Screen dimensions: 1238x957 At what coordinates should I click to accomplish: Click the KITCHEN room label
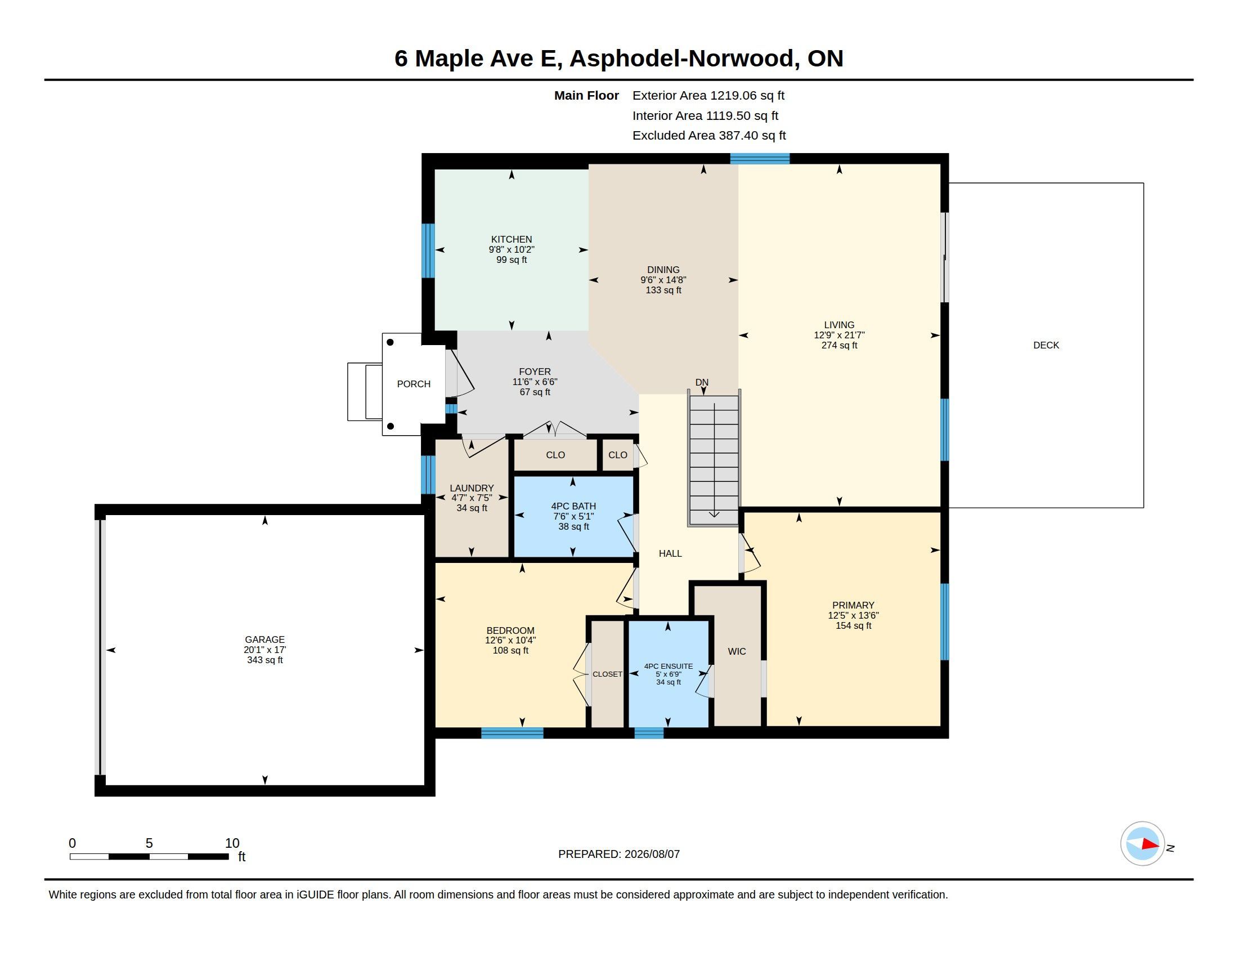512,239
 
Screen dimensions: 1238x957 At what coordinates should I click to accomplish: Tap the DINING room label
663,270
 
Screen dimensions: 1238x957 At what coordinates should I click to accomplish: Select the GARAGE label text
264,640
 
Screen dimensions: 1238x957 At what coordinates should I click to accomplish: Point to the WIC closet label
737,651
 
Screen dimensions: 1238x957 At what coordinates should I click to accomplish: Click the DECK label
1046,345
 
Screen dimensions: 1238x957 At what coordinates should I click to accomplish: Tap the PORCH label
414,384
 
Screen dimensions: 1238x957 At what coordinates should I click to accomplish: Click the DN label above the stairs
702,382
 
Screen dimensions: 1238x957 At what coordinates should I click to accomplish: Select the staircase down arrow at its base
714,513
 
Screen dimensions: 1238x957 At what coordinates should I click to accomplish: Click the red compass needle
1150,844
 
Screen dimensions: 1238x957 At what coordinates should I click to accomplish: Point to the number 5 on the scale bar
149,843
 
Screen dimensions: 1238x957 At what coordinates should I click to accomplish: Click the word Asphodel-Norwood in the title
681,59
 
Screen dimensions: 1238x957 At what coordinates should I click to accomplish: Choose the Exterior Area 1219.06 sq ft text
708,95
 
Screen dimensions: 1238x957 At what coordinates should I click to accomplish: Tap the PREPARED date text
619,854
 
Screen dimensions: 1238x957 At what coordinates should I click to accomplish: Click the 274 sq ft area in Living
839,345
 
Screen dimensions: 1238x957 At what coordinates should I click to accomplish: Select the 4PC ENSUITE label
669,666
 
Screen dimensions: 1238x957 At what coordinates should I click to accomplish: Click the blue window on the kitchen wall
429,251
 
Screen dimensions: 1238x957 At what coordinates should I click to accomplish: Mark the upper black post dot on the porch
390,342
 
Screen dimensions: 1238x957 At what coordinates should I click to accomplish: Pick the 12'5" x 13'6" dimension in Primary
853,615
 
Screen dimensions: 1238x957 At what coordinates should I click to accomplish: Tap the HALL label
670,553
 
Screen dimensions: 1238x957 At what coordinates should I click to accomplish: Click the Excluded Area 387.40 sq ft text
709,136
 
